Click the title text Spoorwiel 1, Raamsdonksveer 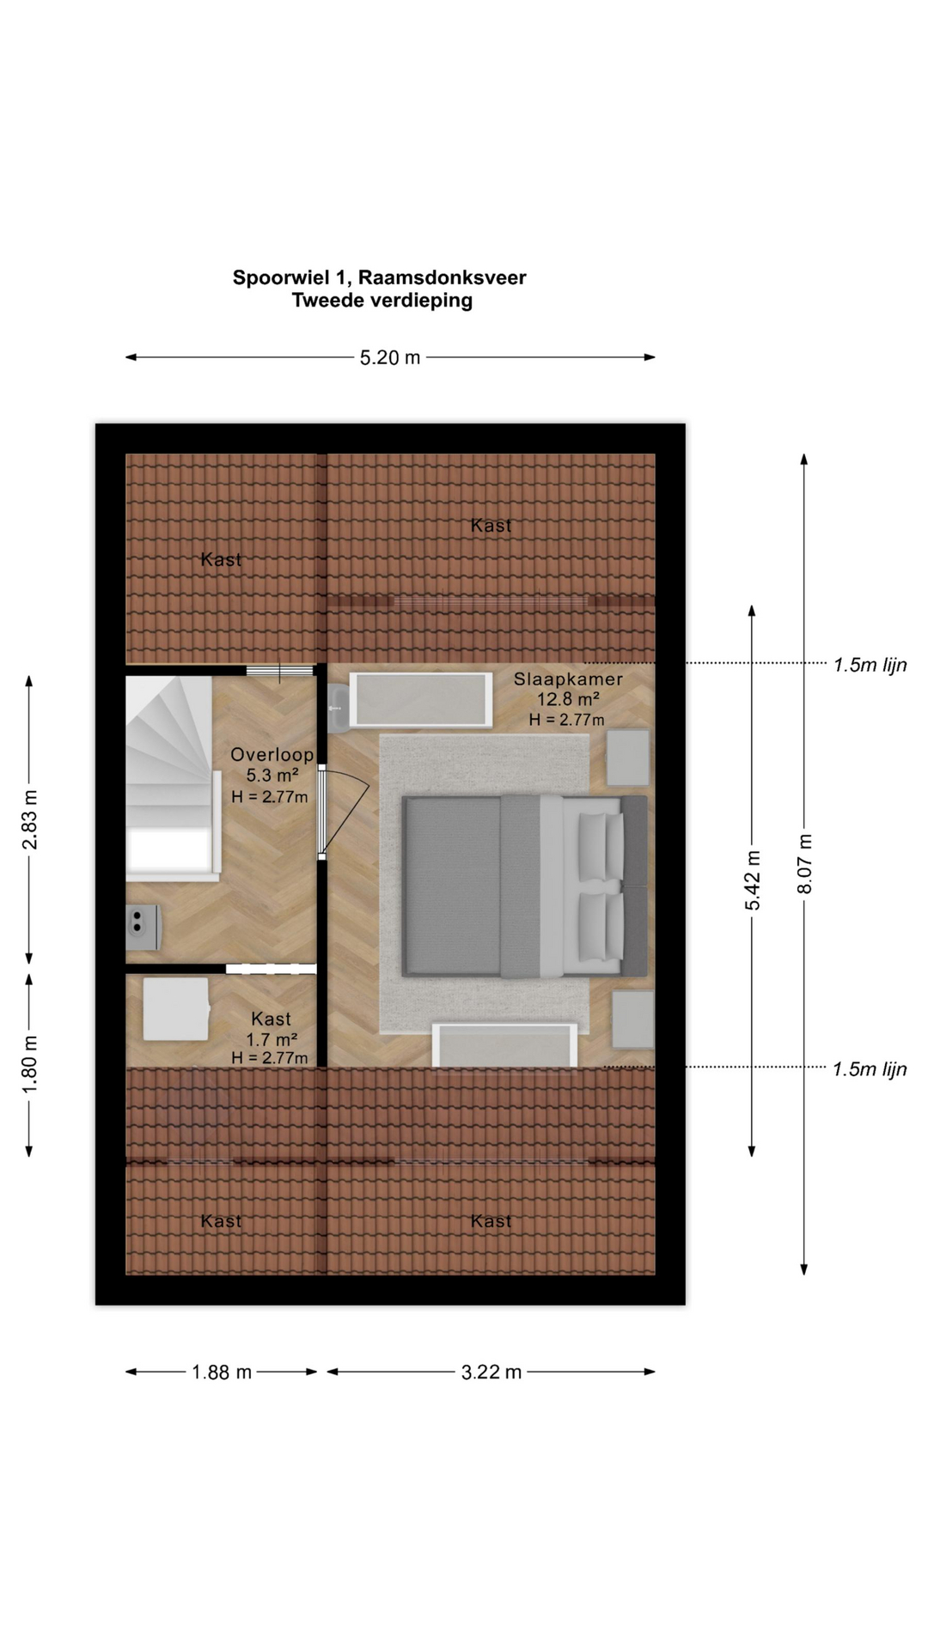coord(379,277)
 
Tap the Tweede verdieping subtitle coord(382,301)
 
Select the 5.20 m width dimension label coord(390,357)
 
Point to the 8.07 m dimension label coord(805,863)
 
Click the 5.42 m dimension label coord(753,880)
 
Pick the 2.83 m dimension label coord(30,818)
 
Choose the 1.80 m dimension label coord(30,1065)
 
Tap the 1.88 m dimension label coord(222,1372)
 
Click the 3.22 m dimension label coord(491,1372)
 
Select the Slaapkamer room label coord(568,679)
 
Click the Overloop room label coord(272,755)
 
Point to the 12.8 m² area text coord(568,699)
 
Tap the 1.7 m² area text coord(272,1039)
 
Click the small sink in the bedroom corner coord(338,709)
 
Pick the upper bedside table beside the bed coord(628,758)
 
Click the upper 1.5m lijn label coord(870,665)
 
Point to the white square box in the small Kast coord(176,1010)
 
